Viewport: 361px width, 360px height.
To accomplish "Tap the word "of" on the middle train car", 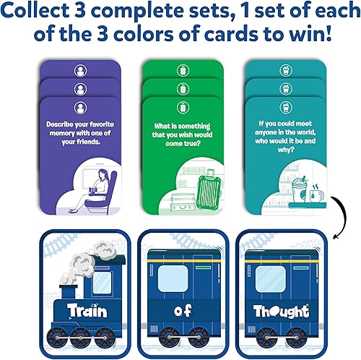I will [x=179, y=311].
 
